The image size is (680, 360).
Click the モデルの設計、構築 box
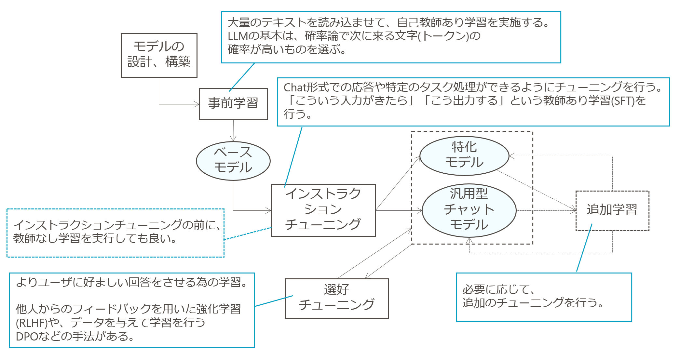tap(159, 55)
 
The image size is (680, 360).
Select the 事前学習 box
tap(233, 104)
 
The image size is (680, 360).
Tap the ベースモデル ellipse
tap(233, 161)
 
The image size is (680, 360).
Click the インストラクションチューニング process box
tap(323, 210)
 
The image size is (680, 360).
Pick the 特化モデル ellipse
tap(464, 155)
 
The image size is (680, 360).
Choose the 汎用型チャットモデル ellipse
tap(469, 210)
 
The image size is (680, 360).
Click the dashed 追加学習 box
tap(612, 210)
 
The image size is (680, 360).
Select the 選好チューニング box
tap(336, 298)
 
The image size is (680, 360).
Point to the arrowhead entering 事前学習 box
tap(197, 104)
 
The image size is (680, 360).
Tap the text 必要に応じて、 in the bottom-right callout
tap(498, 289)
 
